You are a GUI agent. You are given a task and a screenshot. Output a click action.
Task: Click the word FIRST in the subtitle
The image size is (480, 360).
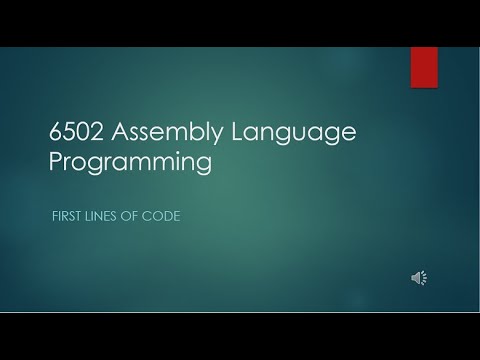click(66, 216)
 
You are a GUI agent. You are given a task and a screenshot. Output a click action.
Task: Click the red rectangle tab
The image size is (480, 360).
click(424, 67)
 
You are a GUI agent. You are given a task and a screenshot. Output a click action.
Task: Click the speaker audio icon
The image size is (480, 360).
click(419, 278)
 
